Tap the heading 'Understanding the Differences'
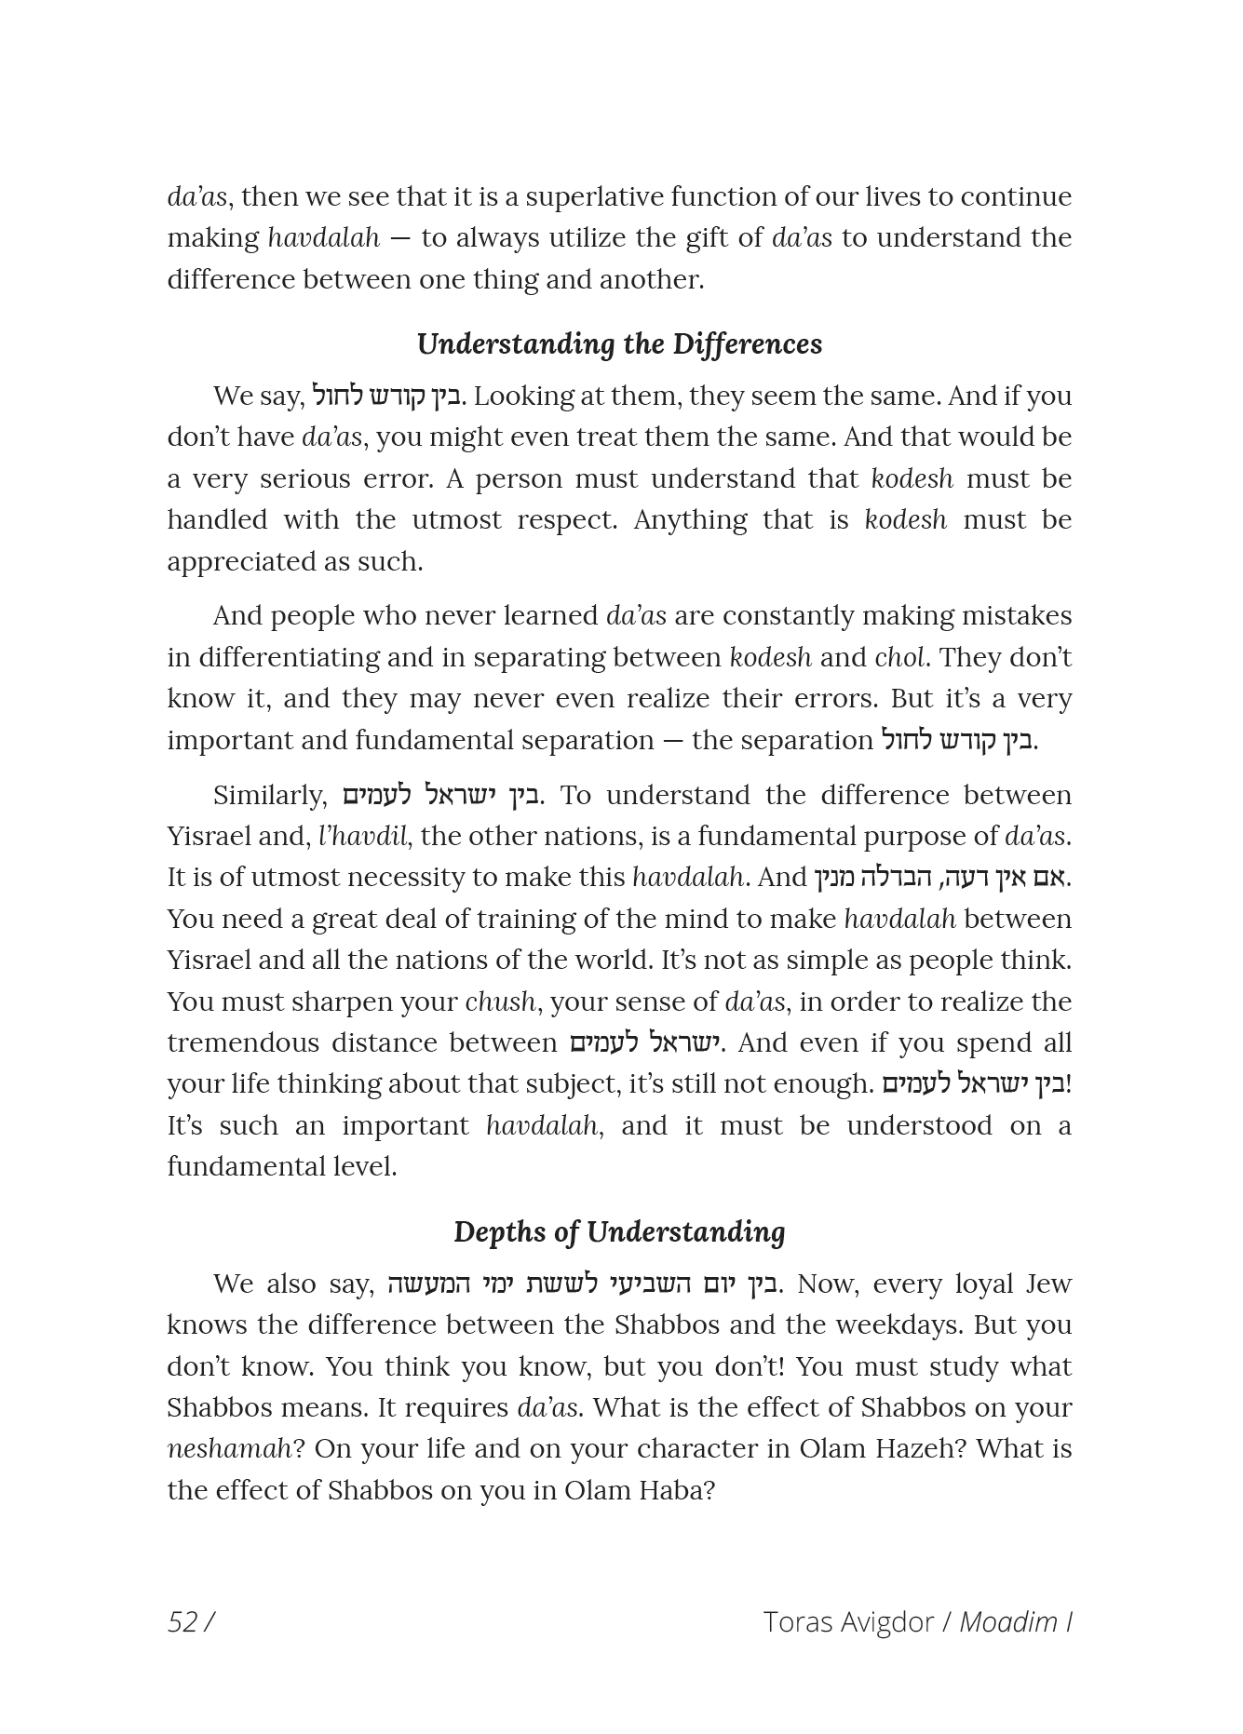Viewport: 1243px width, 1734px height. (x=619, y=343)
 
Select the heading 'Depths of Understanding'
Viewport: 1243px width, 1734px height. (x=619, y=1231)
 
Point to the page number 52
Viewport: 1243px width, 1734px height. (x=182, y=1621)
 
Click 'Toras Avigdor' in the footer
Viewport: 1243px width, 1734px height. (x=847, y=1621)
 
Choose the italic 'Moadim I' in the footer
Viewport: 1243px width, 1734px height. (x=1016, y=1621)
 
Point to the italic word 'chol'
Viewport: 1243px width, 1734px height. (x=899, y=657)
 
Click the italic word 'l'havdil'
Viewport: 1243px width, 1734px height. (x=363, y=836)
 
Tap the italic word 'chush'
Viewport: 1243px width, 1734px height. (x=500, y=1001)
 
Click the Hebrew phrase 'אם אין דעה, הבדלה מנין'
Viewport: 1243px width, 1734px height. (x=940, y=877)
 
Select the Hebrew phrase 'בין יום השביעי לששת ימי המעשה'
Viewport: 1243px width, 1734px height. (x=581, y=1284)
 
